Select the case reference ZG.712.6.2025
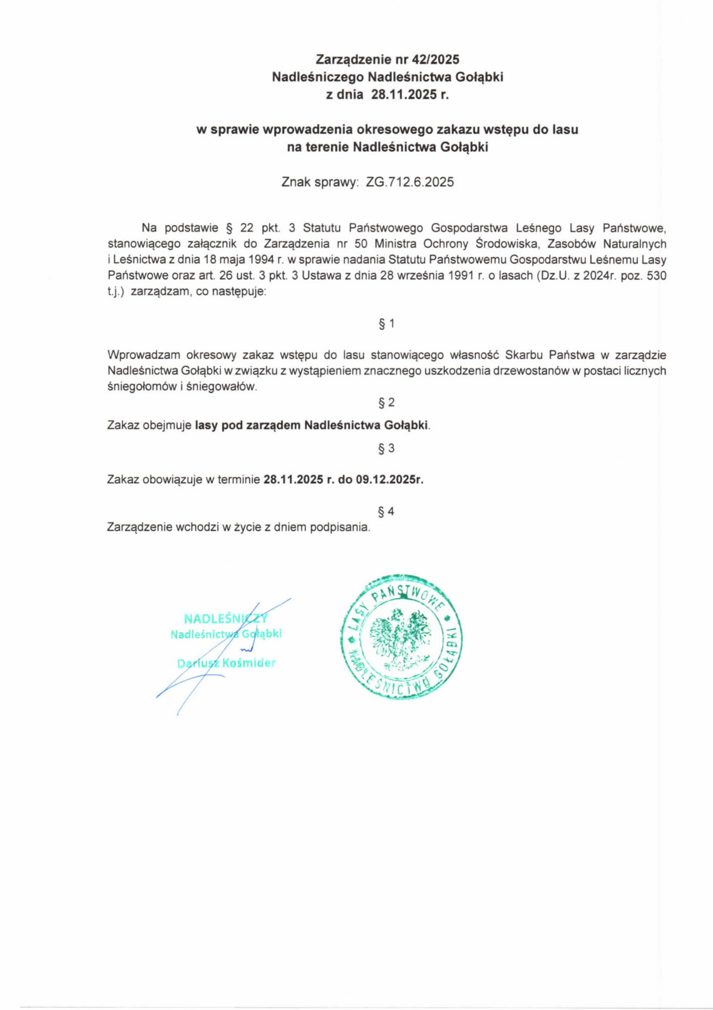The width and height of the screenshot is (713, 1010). point(410,182)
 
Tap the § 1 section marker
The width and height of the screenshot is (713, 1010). point(386,324)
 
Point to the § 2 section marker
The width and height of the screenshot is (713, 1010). point(386,402)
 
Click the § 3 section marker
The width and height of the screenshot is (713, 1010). point(386,448)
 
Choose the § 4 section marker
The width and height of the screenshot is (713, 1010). point(386,511)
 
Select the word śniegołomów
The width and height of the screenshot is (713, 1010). point(136,387)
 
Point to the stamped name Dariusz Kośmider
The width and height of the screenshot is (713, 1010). point(226,663)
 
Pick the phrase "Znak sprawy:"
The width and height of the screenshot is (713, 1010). point(320,182)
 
